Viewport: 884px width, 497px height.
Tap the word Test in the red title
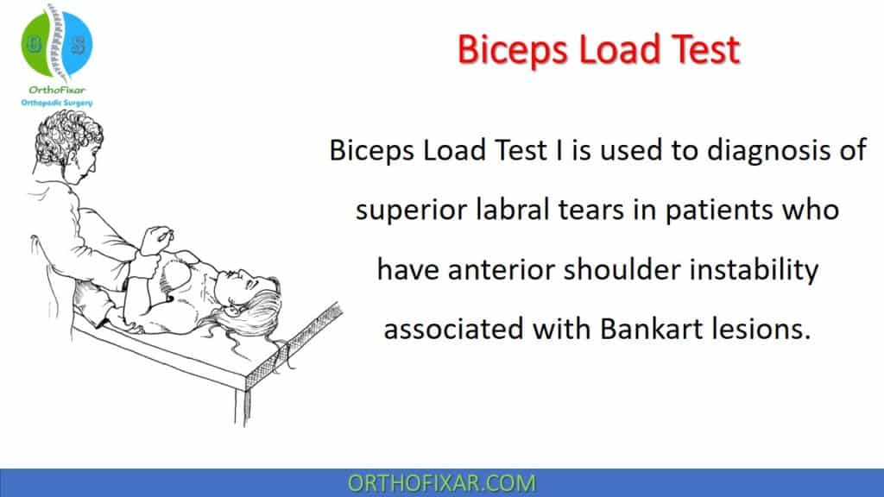tap(702, 50)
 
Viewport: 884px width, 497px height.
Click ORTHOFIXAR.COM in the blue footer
tap(441, 482)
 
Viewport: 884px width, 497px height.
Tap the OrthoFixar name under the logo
tap(57, 91)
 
